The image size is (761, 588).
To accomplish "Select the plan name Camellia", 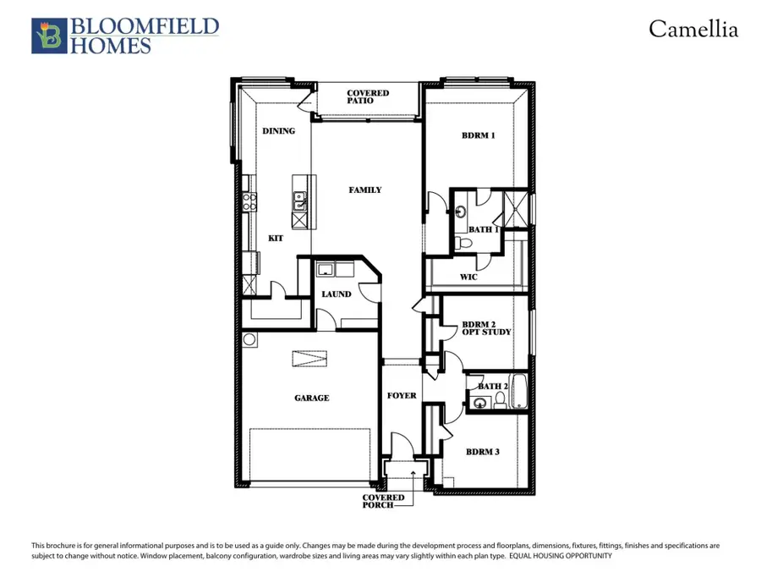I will click(693, 30).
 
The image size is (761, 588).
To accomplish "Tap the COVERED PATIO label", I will click(368, 96).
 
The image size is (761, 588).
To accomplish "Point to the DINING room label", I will click(278, 131).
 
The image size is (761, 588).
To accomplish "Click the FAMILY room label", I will click(365, 190).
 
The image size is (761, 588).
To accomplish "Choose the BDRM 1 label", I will click(478, 135).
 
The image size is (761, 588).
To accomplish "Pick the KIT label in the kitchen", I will click(276, 239).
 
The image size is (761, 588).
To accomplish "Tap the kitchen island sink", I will click(299, 201).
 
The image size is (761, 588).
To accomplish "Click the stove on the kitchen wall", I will click(249, 201).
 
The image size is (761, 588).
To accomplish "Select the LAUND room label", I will click(336, 295).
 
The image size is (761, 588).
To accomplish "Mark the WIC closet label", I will click(470, 277).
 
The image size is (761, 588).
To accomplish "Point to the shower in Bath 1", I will click(516, 207).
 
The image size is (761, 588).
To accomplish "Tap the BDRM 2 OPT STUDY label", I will click(485, 328).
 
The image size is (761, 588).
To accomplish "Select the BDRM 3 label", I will click(482, 452).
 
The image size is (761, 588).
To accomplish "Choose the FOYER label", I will click(402, 396).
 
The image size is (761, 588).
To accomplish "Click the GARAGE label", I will click(312, 398).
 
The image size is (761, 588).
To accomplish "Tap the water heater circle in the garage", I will click(249, 339).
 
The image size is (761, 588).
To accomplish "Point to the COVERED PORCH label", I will click(383, 503).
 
